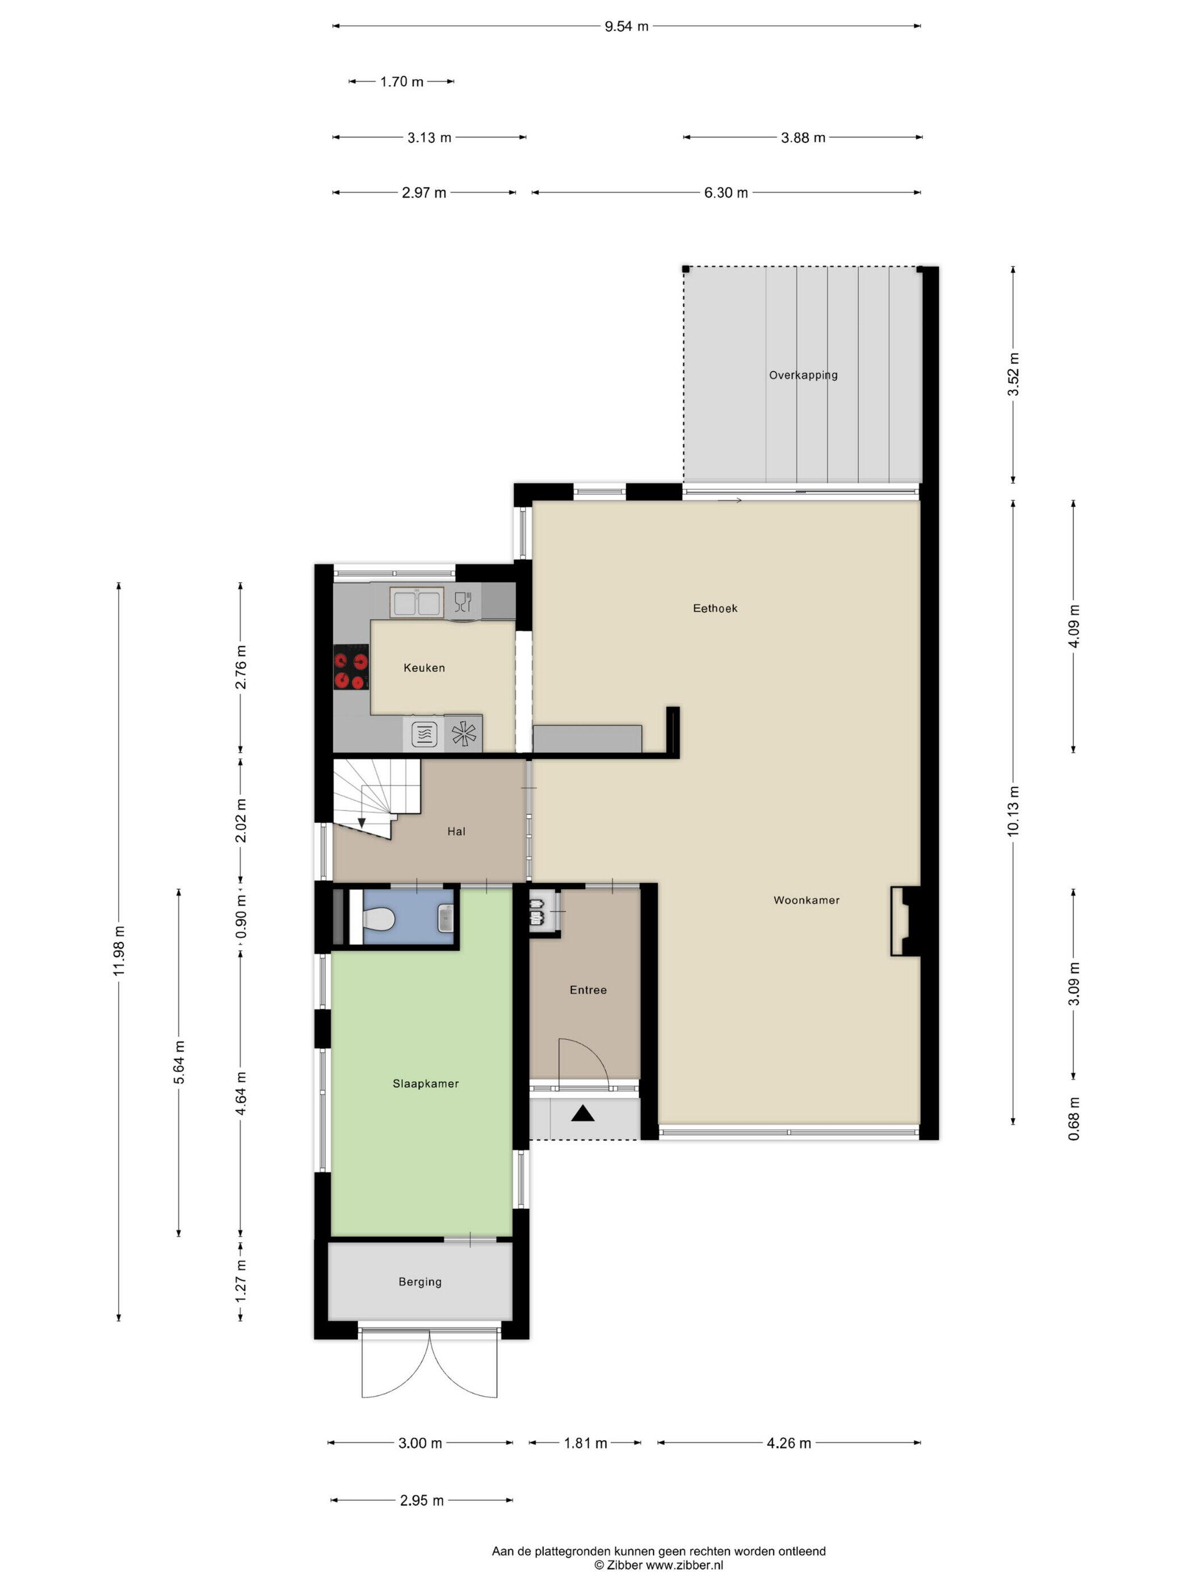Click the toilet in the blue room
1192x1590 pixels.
coord(378,917)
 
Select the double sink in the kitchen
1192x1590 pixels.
coord(416,602)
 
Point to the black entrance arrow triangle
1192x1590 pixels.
coord(583,1114)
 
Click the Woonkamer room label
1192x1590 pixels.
coord(806,900)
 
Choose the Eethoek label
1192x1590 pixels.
coord(715,608)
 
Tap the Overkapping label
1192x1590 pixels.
coord(803,375)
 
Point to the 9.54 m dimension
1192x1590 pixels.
coord(627,27)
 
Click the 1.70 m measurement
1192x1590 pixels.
coord(402,82)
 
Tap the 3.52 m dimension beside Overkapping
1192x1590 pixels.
coord(1013,374)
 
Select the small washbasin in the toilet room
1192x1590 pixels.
coord(446,918)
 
